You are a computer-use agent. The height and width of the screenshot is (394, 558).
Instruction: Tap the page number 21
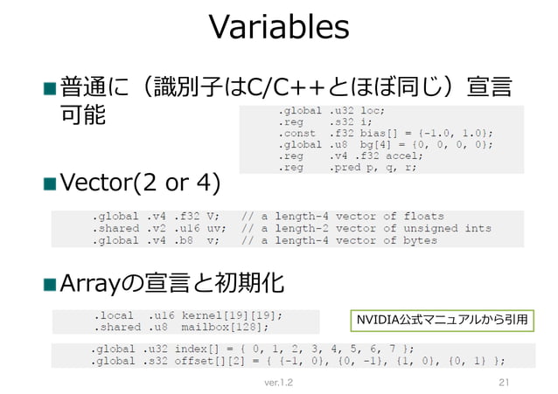503,383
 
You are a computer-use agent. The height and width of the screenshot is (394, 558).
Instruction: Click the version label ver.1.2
279,383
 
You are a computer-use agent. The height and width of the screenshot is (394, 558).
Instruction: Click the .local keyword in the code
114,315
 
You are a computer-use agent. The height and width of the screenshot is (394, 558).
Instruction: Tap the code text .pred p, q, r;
372,168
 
